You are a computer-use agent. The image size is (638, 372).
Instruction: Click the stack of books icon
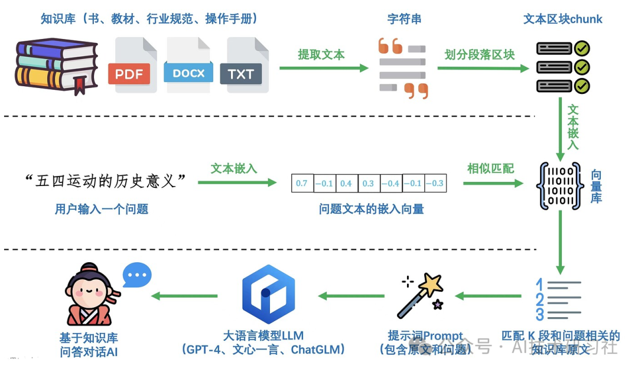(x=56, y=65)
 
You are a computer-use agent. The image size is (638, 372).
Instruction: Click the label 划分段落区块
(x=480, y=55)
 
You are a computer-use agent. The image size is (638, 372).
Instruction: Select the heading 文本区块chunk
(x=562, y=19)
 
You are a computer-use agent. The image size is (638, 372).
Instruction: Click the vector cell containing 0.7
(x=302, y=184)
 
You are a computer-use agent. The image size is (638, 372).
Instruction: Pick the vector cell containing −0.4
(x=390, y=184)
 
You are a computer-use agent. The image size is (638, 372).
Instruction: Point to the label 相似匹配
(x=490, y=169)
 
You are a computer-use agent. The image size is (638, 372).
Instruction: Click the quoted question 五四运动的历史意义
(x=106, y=181)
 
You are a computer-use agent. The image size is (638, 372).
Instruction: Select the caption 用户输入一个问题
(x=102, y=208)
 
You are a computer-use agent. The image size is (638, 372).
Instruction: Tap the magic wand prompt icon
(x=421, y=295)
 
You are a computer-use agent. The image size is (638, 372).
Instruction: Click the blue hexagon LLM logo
(x=268, y=293)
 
